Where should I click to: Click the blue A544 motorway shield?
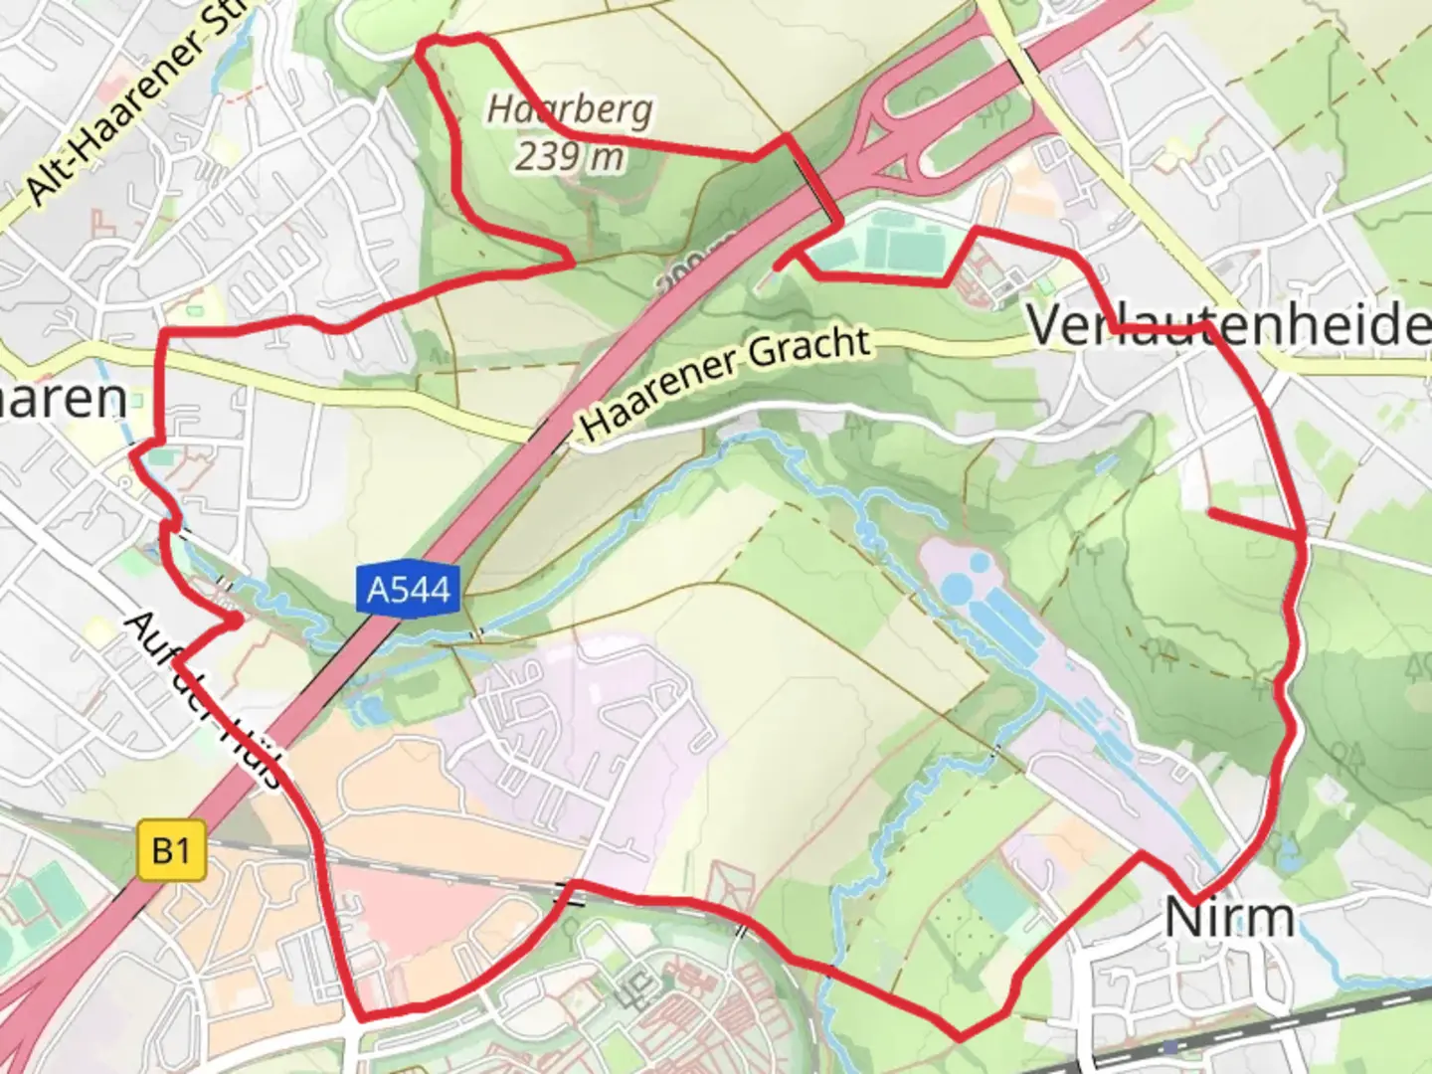(409, 590)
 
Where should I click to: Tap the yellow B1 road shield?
(171, 851)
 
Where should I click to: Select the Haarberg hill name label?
(569, 108)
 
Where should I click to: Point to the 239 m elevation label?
(569, 155)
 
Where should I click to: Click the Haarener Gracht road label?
(726, 383)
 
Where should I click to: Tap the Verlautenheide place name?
(1228, 325)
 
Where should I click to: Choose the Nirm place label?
(1229, 917)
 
